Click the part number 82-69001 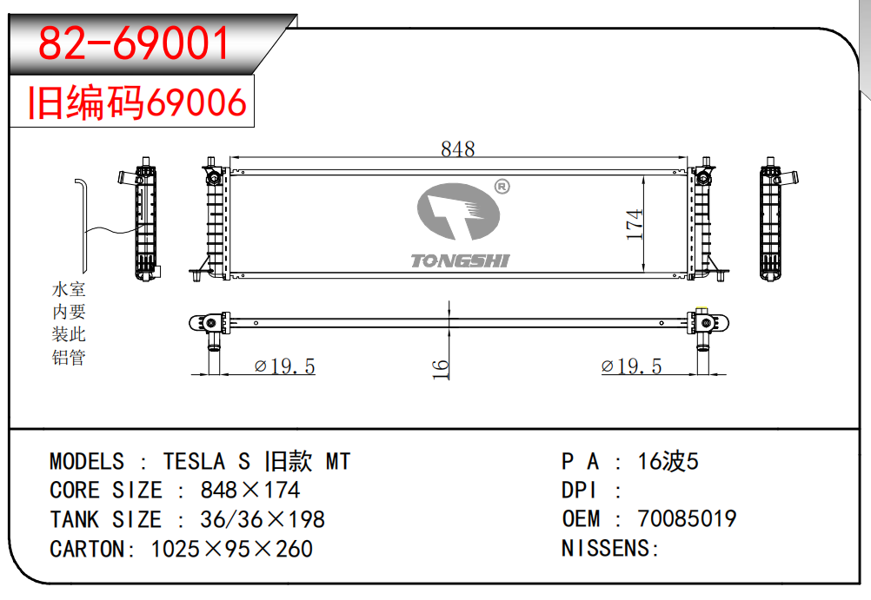pyautogui.click(x=136, y=43)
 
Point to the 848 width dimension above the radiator pyautogui.click(x=457, y=149)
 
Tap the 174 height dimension pyautogui.click(x=635, y=225)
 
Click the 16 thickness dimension pyautogui.click(x=442, y=368)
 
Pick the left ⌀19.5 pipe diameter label pyautogui.click(x=284, y=366)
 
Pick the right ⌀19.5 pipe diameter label pyautogui.click(x=631, y=366)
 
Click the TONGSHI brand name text pyautogui.click(x=460, y=260)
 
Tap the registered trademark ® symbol pyautogui.click(x=502, y=187)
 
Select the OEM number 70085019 pyautogui.click(x=687, y=519)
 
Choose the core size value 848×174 pyautogui.click(x=250, y=491)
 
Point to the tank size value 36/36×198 pyautogui.click(x=263, y=520)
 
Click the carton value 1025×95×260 pyautogui.click(x=232, y=550)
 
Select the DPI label pyautogui.click(x=581, y=491)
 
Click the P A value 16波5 pyautogui.click(x=668, y=461)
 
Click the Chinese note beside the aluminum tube pyautogui.click(x=69, y=323)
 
